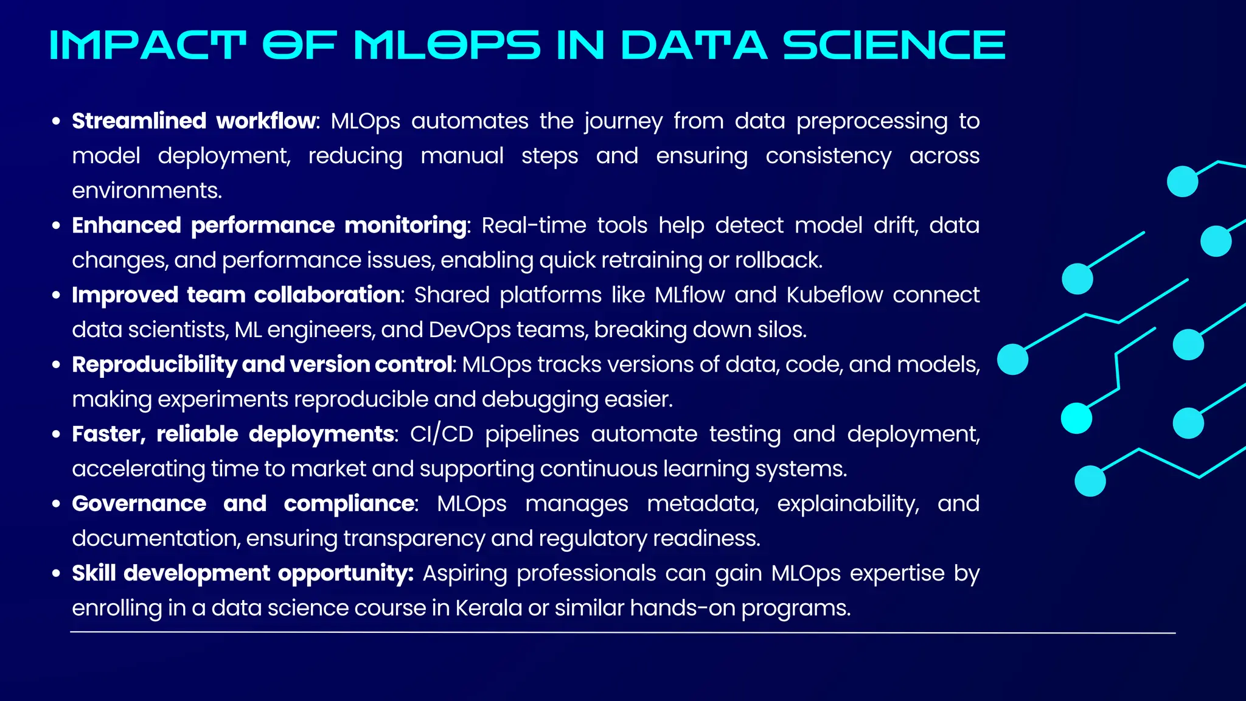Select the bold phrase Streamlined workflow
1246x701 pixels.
(195, 121)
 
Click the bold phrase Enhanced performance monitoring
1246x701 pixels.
(270, 226)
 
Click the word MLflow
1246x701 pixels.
(690, 295)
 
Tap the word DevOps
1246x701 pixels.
(469, 330)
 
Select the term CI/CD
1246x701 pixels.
(441, 434)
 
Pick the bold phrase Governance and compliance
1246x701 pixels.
(243, 504)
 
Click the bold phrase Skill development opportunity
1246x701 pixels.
(242, 573)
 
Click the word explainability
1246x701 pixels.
(847, 504)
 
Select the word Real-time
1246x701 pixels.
(534, 226)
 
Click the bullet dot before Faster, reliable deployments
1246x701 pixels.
(57, 434)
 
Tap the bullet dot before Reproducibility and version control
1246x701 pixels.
(57, 365)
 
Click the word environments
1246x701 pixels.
(147, 191)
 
